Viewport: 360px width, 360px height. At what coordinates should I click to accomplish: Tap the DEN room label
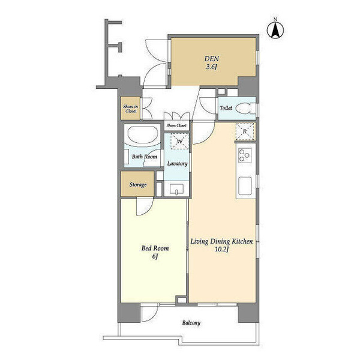[x=212, y=59]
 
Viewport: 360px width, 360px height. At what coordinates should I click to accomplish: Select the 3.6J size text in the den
[x=212, y=67]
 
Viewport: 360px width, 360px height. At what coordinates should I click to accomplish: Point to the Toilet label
[x=226, y=108]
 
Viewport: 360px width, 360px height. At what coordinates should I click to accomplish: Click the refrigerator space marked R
[x=245, y=131]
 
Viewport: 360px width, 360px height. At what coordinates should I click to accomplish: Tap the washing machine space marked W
[x=179, y=141]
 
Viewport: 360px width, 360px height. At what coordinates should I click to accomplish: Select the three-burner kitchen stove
[x=245, y=155]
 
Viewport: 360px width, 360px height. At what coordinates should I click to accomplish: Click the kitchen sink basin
[x=245, y=185]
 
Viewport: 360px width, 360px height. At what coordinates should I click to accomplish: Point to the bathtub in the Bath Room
[x=142, y=135]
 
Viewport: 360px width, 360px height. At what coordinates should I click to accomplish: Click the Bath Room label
[x=145, y=157]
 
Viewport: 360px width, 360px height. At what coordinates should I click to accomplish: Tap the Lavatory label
[x=177, y=163]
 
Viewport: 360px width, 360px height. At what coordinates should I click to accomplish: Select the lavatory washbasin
[x=176, y=189]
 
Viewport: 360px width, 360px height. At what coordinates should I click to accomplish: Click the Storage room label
[x=138, y=185]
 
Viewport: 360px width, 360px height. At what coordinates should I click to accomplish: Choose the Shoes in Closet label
[x=130, y=109]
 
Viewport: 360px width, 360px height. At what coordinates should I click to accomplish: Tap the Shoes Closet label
[x=176, y=125]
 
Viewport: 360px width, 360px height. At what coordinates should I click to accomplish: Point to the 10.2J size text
[x=221, y=250]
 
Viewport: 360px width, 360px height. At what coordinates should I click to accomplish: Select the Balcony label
[x=191, y=323]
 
